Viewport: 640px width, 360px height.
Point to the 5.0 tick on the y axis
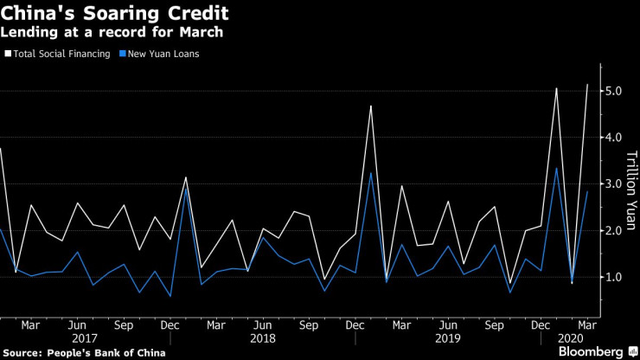click(613, 92)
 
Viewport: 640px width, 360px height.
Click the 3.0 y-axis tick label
click(613, 184)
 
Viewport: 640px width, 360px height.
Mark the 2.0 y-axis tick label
click(613, 231)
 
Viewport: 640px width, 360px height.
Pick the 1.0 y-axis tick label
click(613, 278)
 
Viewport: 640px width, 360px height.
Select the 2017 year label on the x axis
click(85, 337)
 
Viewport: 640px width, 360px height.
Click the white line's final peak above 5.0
click(587, 85)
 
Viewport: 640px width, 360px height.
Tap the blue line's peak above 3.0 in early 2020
click(556, 168)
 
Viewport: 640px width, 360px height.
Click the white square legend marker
click(9, 55)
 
